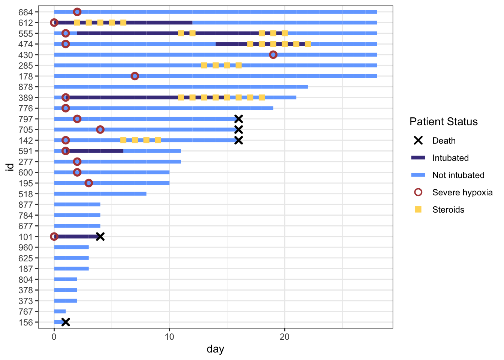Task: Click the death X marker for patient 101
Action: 100,237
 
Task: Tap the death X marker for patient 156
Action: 66,322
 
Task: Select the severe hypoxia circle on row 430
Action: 273,55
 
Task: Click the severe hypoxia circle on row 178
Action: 135,76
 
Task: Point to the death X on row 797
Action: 238,119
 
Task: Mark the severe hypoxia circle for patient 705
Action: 100,130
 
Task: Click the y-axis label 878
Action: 25,87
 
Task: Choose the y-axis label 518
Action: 25,194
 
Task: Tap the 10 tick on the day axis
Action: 169,336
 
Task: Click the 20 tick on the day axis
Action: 285,336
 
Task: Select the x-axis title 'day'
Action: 215,349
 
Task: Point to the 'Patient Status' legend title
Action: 443,121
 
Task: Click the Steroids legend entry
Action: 448,210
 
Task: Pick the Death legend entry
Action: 444,141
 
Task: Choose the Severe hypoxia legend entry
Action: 462,192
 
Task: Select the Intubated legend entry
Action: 450,158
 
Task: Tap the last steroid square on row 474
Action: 308,44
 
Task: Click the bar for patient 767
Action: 60,312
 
